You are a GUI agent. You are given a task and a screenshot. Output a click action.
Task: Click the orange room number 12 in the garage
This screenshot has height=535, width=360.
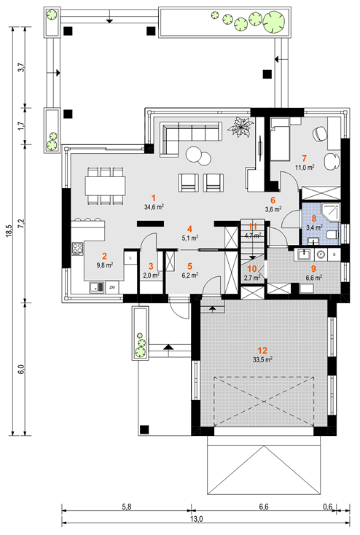pyautogui.click(x=262, y=350)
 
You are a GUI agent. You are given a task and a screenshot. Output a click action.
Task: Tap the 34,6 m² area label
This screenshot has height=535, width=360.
pyautogui.click(x=154, y=207)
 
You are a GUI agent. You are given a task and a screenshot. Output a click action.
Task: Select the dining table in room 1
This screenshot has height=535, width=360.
pyautogui.click(x=105, y=186)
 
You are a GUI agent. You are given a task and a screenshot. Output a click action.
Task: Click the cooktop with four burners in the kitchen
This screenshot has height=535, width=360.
pyautogui.click(x=78, y=249)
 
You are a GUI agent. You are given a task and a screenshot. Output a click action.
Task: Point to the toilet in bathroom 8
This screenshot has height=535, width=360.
pyautogui.click(x=333, y=234)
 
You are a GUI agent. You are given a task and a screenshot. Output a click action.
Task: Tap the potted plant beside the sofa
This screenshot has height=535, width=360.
pyautogui.click(x=240, y=128)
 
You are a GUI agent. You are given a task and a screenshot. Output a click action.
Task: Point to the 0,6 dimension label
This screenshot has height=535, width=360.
pyautogui.click(x=328, y=507)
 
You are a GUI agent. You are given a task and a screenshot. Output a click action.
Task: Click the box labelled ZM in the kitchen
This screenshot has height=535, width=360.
pyautogui.click(x=112, y=288)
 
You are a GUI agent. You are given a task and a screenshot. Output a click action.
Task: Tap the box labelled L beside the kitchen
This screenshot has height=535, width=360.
pyautogui.click(x=130, y=258)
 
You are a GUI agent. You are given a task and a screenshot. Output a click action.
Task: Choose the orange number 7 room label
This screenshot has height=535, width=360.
pyautogui.click(x=304, y=158)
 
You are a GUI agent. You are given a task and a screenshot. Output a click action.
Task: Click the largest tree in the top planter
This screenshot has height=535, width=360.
pyautogui.click(x=275, y=21)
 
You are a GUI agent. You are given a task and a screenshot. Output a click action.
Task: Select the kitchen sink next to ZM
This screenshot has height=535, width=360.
pyautogui.click(x=97, y=288)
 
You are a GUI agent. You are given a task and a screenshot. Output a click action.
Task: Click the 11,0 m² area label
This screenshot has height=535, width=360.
pyautogui.click(x=305, y=167)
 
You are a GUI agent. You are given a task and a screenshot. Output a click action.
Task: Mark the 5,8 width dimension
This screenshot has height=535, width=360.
pyautogui.click(x=127, y=507)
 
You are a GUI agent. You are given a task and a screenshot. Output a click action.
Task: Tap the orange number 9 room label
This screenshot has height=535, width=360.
pyautogui.click(x=313, y=269)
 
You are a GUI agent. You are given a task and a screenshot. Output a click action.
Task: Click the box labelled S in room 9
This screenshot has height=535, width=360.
pyautogui.click(x=334, y=254)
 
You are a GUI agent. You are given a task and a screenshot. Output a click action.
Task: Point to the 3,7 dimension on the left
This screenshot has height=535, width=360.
pyautogui.click(x=21, y=67)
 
